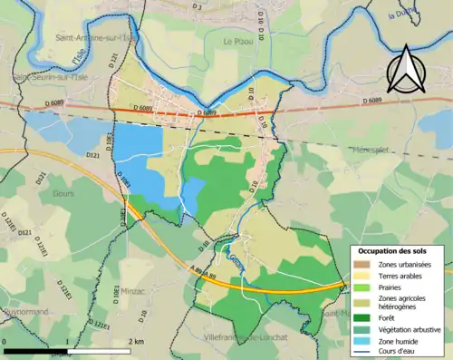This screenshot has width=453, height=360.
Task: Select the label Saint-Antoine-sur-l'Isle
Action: pyautogui.click(x=95, y=38)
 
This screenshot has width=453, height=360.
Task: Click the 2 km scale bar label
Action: pyautogui.click(x=135, y=341)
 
